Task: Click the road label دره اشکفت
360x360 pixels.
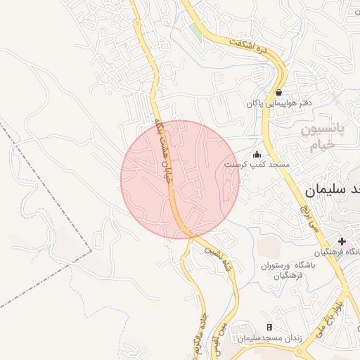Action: click(250, 48)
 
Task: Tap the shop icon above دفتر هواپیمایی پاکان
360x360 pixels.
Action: click(279, 92)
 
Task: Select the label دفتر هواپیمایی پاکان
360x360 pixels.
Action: click(278, 103)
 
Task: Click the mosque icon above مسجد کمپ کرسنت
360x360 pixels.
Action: click(257, 154)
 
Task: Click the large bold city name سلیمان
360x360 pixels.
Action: click(333, 189)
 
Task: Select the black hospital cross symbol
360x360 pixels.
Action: click(342, 241)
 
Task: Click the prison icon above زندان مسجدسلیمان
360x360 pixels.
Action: click(269, 328)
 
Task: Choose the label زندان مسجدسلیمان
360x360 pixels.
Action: click(269, 338)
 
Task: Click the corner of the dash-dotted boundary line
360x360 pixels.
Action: click(91, 249)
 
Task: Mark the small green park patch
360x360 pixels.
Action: click(196, 30)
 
